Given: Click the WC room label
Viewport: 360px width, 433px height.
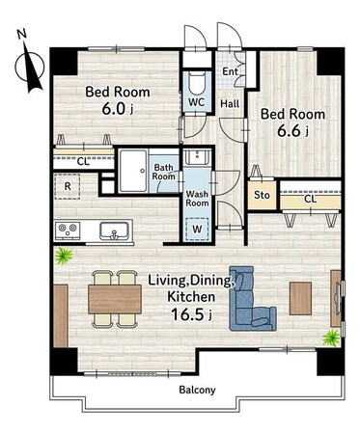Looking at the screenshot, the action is pyautogui.click(x=196, y=102).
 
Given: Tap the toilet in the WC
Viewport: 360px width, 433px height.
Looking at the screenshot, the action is pyautogui.click(x=197, y=84).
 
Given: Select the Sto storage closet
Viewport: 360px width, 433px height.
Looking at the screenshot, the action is pyautogui.click(x=262, y=195).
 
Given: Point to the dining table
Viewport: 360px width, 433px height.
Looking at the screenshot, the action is pyautogui.click(x=115, y=299).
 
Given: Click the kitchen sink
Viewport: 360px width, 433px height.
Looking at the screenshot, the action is pyautogui.click(x=114, y=231).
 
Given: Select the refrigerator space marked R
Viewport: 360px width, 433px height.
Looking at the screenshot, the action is pyautogui.click(x=68, y=186).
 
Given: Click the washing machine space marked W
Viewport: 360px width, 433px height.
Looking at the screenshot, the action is pyautogui.click(x=198, y=230).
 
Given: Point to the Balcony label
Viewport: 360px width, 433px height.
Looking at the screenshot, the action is pyautogui.click(x=197, y=390).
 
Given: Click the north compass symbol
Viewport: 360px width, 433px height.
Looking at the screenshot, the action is pyautogui.click(x=29, y=63).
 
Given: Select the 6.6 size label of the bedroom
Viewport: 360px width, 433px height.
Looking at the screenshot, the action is pyautogui.click(x=292, y=131).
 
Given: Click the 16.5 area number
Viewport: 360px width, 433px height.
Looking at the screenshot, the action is pyautogui.click(x=191, y=314).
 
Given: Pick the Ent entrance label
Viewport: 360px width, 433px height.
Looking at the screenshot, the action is pyautogui.click(x=231, y=71).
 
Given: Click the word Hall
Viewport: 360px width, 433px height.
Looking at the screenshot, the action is pyautogui.click(x=230, y=103).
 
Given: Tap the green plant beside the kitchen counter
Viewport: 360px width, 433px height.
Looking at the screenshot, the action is pyautogui.click(x=63, y=256).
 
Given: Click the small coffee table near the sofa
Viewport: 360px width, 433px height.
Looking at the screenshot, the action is pyautogui.click(x=300, y=298).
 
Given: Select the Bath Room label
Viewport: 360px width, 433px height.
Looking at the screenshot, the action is pyautogui.click(x=164, y=172).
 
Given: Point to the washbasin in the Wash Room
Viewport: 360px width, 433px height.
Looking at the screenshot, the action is pyautogui.click(x=197, y=156).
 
